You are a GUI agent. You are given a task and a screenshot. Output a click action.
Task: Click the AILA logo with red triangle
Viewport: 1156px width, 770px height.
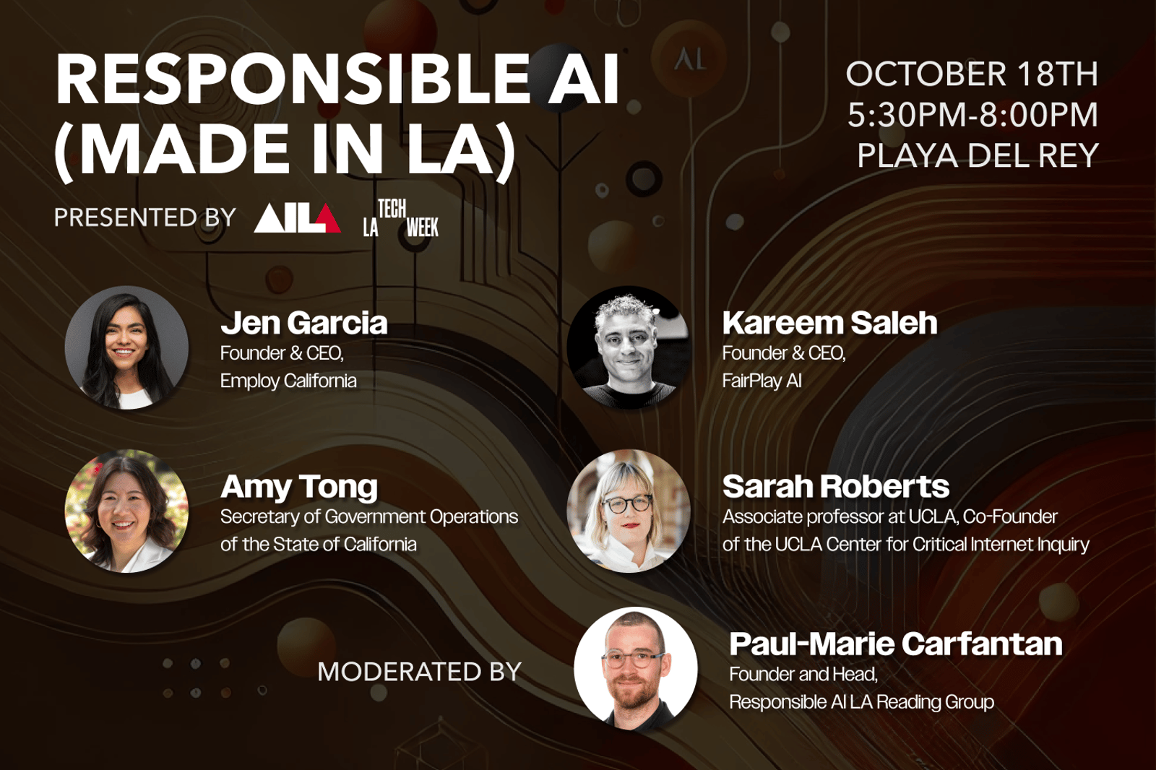tap(297, 218)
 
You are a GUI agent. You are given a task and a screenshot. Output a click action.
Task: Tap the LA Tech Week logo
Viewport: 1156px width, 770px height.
tap(400, 218)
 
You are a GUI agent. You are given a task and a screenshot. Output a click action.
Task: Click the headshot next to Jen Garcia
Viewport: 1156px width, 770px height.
tap(126, 348)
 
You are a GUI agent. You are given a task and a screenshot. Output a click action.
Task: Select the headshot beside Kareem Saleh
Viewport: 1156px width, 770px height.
tap(629, 348)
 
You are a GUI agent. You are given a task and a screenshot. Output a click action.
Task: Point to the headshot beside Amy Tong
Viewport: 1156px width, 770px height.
tap(126, 511)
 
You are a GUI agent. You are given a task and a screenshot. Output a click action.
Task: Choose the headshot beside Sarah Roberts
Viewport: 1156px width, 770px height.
tap(629, 511)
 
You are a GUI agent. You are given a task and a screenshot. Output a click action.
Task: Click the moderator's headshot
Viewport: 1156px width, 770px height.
tap(636, 669)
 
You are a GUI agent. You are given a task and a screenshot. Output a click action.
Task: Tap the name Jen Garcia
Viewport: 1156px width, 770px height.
tap(304, 323)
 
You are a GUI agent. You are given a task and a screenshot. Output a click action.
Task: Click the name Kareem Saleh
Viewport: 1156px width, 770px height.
tap(830, 323)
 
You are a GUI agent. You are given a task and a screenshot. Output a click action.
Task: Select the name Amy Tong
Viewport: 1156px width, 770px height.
tap(299, 488)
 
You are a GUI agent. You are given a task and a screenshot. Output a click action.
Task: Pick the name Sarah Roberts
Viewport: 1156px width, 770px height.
tap(836, 487)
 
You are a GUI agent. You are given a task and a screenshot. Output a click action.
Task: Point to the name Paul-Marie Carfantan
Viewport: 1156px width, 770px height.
tap(896, 644)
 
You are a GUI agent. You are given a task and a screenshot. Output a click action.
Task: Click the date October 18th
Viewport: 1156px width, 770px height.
tap(972, 74)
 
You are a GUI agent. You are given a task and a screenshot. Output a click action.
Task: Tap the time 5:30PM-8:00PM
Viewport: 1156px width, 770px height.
tap(973, 115)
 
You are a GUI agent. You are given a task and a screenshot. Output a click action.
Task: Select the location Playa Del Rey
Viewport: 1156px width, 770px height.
tap(978, 155)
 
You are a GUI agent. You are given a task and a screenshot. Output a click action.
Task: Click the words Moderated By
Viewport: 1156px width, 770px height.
tap(420, 672)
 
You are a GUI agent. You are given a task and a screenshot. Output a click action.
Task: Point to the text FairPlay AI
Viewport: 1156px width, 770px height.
tap(762, 381)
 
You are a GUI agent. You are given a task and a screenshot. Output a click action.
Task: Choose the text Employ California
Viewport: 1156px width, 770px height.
tap(288, 381)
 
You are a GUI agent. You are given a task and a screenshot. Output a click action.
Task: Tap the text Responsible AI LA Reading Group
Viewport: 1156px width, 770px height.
tap(862, 702)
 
